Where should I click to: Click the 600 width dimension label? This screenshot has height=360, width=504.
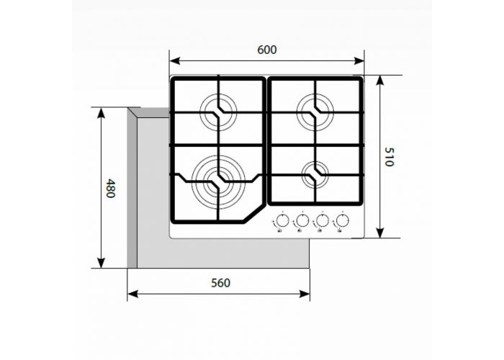266,50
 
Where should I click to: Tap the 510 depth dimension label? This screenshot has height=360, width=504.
389,157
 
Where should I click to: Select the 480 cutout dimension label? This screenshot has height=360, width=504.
110,189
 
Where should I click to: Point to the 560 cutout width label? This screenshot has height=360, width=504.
220,283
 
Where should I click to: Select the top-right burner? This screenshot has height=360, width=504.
315,109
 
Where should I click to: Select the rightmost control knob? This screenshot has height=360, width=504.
343,221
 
